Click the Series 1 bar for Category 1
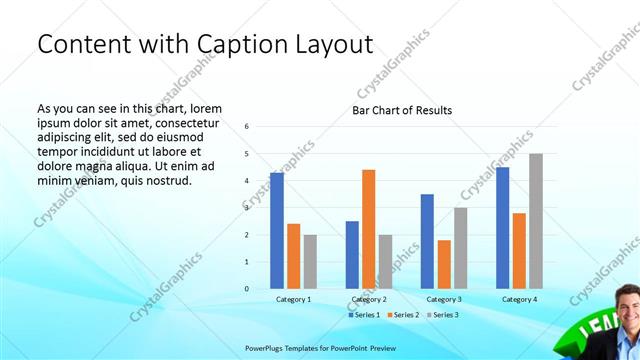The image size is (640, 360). (x=276, y=231)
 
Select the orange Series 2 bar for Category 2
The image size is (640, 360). (x=368, y=229)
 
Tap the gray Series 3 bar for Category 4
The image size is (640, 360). (x=536, y=221)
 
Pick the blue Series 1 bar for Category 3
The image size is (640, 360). (x=427, y=241)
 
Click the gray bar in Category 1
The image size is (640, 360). (x=310, y=262)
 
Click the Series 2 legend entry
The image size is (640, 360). (x=403, y=315)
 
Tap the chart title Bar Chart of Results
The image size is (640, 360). (x=402, y=110)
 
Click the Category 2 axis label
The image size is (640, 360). (x=369, y=300)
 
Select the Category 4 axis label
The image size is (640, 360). (x=519, y=300)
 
